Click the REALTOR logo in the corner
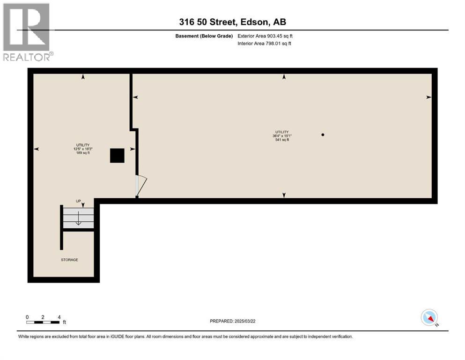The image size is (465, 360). tap(27, 31)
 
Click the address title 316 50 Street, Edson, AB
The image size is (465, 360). tap(232, 22)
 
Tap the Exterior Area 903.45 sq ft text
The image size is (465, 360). tap(265, 36)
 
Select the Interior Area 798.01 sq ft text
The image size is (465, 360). tap(264, 44)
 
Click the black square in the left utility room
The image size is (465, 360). tap(117, 156)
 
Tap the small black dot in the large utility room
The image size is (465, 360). tap(323, 135)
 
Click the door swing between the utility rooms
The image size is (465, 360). tap(141, 185)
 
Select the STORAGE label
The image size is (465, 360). tap(69, 260)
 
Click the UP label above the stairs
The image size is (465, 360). tap(79, 201)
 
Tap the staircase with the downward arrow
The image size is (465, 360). tap(78, 218)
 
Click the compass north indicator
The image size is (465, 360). tap(429, 318)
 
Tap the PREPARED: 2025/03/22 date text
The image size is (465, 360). tap(232, 321)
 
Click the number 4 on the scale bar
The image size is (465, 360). tap(59, 317)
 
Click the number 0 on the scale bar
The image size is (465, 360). tap(28, 317)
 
